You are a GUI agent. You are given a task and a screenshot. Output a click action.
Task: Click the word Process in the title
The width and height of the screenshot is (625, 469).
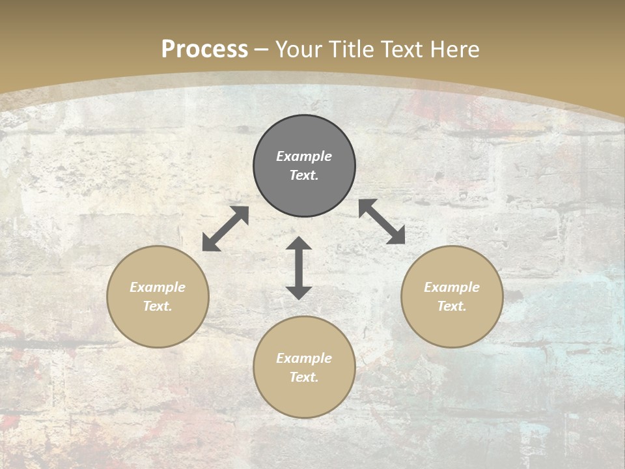click(x=204, y=50)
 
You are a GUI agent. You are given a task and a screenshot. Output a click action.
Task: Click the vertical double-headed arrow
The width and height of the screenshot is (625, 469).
click(x=299, y=268)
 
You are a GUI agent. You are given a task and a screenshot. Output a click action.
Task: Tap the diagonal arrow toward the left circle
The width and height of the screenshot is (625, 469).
click(x=225, y=229)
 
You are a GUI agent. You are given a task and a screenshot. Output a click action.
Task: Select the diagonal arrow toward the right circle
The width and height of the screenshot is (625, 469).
click(x=382, y=221)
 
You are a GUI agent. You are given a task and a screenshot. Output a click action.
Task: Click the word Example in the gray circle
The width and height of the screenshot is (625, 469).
click(x=304, y=156)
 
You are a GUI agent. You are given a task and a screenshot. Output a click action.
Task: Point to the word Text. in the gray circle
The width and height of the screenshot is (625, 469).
click(x=304, y=175)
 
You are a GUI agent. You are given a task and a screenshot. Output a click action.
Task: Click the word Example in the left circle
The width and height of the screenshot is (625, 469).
click(x=158, y=287)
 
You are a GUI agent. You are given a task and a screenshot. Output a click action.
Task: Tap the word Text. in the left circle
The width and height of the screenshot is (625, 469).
click(x=158, y=306)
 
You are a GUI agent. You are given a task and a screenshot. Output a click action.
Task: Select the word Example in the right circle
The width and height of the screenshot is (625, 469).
click(x=452, y=287)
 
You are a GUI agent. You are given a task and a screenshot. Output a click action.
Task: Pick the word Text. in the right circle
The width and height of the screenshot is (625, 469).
click(x=452, y=306)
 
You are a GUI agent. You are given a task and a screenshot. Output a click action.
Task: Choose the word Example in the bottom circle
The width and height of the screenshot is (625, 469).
click(x=304, y=358)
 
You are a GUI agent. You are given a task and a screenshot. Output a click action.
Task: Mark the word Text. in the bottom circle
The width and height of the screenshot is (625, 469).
click(x=304, y=377)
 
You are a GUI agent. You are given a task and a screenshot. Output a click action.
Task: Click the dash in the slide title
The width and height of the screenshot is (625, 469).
click(x=262, y=50)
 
